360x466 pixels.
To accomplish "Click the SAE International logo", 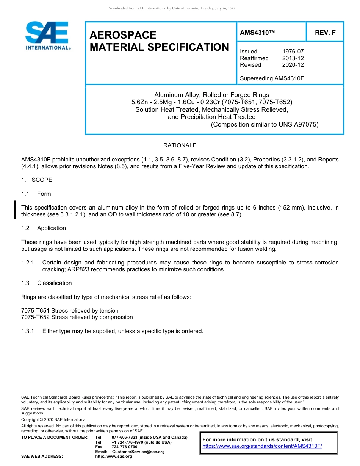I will [47, 36].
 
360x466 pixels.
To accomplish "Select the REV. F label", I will [325, 33].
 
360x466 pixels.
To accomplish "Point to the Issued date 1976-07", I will [293, 52].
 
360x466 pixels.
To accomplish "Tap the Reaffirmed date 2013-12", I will [293, 58].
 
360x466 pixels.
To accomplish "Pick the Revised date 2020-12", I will [293, 65].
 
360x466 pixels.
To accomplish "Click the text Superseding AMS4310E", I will [272, 78].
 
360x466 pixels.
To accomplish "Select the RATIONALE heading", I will [180, 145].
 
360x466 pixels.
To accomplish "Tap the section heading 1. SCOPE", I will [37, 180].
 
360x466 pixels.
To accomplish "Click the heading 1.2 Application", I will [44, 228].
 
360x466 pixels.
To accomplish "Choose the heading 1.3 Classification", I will [47, 283].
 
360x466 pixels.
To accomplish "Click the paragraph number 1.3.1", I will [28, 331].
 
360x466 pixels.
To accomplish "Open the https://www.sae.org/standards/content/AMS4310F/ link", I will [262, 446].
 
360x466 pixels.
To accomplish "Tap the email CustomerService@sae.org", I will [138, 452].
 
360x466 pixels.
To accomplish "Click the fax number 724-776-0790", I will [124, 447].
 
